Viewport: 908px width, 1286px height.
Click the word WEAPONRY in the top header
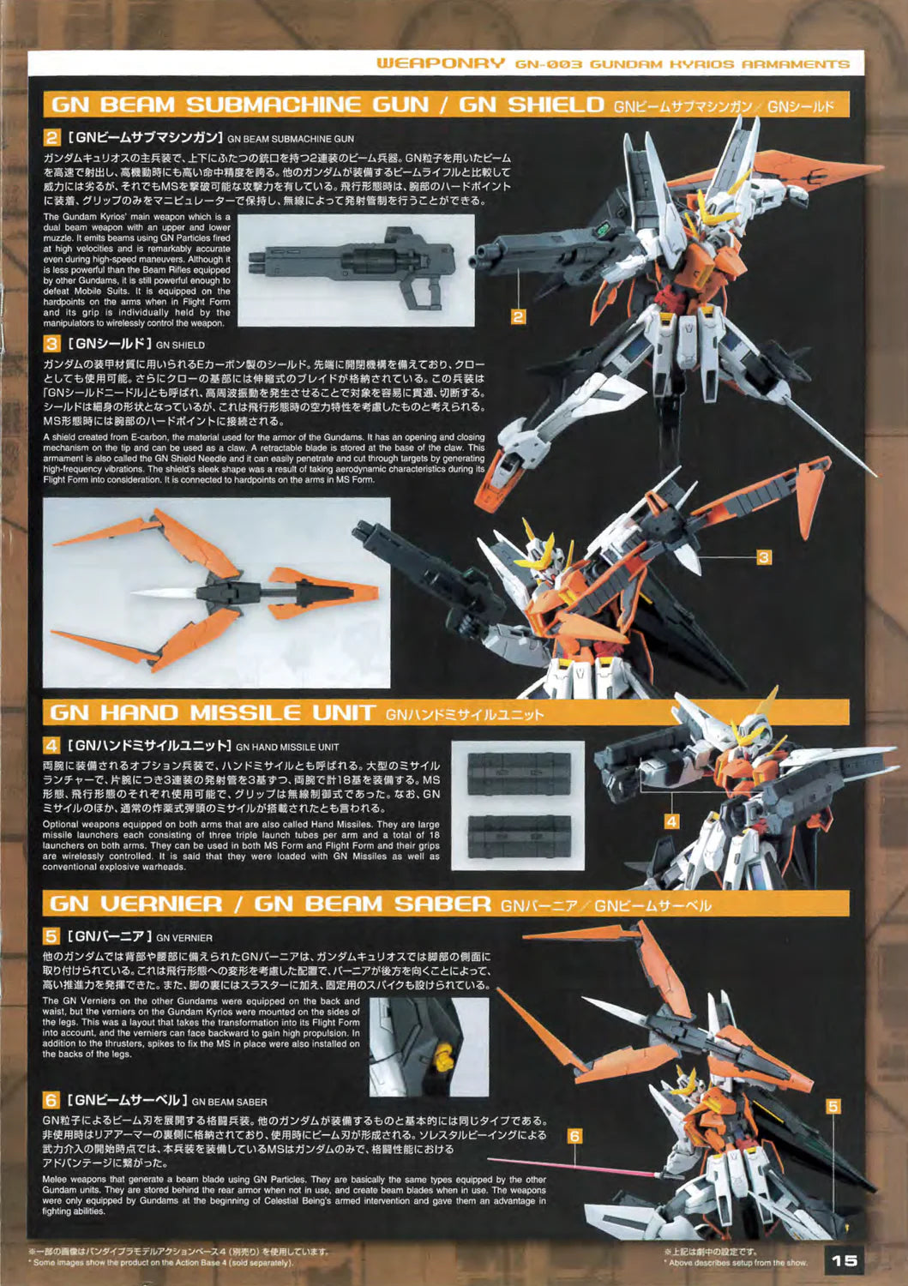click(x=441, y=63)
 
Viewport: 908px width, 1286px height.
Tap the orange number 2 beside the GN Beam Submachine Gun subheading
click(x=51, y=138)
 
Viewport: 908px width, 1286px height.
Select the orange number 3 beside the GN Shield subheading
click(x=51, y=344)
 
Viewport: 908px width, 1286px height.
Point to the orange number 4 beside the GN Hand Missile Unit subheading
click(x=51, y=746)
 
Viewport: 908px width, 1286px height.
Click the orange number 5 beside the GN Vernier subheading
click(x=51, y=936)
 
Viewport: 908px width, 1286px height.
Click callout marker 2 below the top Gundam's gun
click(x=518, y=316)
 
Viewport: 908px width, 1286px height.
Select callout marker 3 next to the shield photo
click(x=763, y=557)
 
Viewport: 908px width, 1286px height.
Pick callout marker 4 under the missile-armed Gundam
click(x=671, y=821)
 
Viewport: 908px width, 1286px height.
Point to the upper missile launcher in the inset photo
click(x=520, y=774)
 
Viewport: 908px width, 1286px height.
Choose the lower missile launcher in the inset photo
click(x=520, y=837)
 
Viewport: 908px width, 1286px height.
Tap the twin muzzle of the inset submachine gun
click(x=256, y=261)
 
